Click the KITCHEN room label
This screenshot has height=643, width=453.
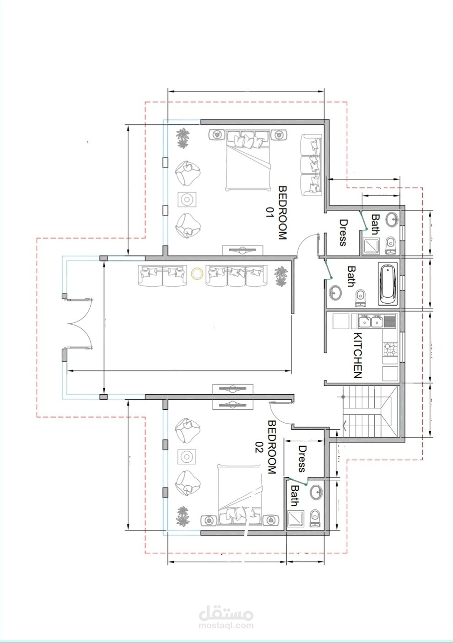point(358,355)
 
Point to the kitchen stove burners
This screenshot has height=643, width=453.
point(391,349)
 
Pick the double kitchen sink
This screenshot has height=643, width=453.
point(370,321)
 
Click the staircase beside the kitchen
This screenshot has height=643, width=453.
point(371,411)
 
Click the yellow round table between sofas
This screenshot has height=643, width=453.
point(197,273)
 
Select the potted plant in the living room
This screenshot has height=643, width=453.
point(280,276)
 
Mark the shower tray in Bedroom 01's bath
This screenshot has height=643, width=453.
point(371,246)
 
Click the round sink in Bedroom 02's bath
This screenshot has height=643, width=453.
point(316,492)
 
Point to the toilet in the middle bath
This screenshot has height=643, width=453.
point(361,298)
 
